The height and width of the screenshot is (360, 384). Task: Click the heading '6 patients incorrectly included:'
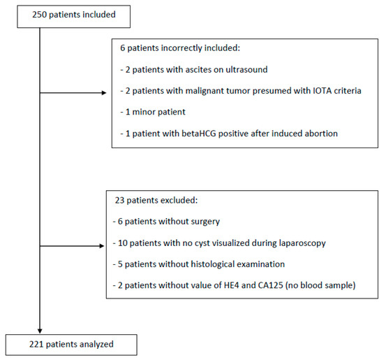tap(180, 52)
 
